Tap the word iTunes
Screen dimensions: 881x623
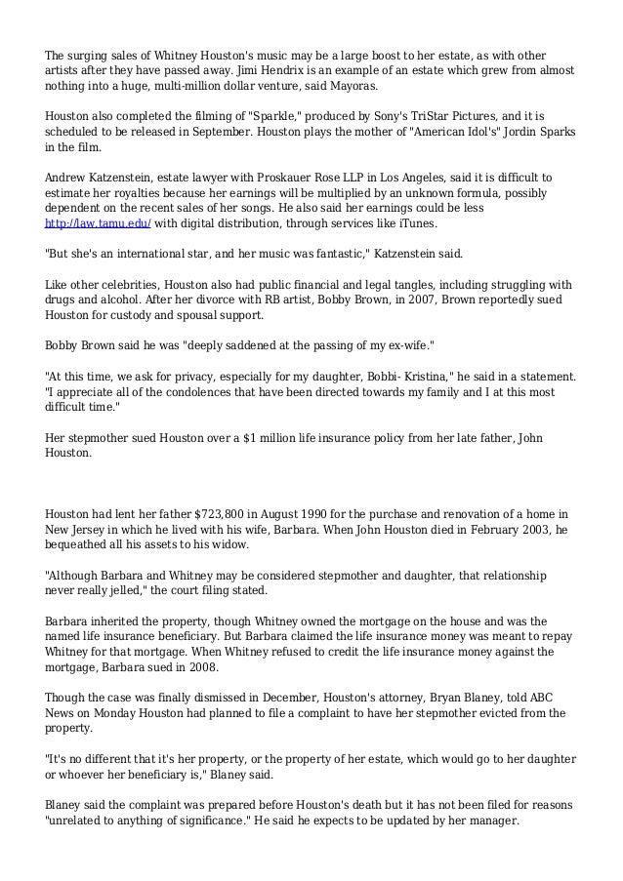pyautogui.click(x=416, y=223)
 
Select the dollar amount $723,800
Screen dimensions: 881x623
pyautogui.click(x=227, y=513)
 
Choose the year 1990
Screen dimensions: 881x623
pyautogui.click(x=326, y=513)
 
